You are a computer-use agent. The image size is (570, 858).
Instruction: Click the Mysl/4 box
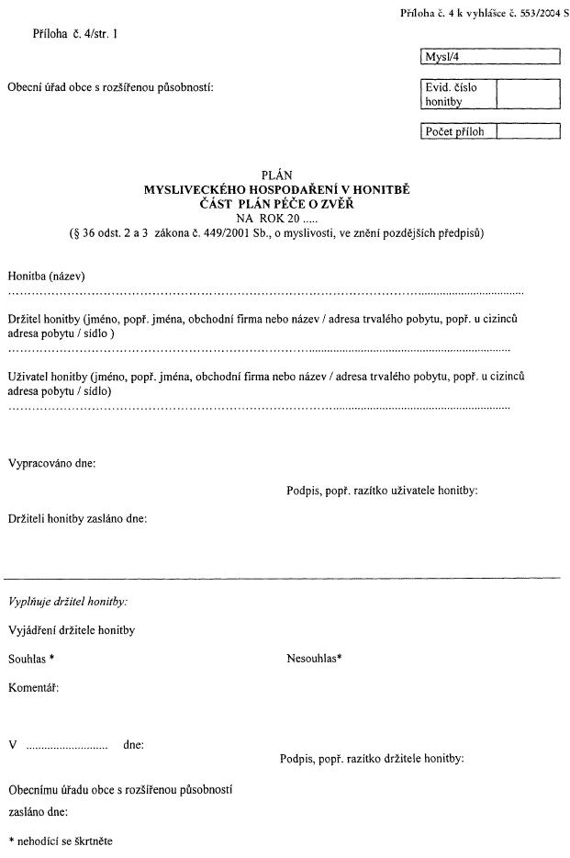[x=489, y=58]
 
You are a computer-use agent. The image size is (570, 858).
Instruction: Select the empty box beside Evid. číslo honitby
[x=527, y=95]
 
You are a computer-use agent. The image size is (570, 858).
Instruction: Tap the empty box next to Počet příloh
[x=527, y=131]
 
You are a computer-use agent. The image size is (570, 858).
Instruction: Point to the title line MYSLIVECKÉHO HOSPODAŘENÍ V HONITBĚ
[x=276, y=189]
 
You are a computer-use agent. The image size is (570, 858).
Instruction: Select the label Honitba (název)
[x=47, y=276]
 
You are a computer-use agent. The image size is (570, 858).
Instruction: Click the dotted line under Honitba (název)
[x=265, y=291]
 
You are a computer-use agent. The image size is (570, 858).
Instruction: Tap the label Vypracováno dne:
[x=51, y=463]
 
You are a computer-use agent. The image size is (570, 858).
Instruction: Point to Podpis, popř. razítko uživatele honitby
[x=382, y=491]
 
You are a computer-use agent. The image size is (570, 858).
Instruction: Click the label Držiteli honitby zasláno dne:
[x=77, y=518]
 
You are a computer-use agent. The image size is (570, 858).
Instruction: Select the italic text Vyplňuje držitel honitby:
[x=67, y=601]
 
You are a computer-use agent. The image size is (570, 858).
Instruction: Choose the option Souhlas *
[x=31, y=659]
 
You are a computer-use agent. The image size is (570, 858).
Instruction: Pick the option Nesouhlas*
[x=314, y=659]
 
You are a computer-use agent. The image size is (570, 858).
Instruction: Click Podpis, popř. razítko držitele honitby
[x=372, y=759]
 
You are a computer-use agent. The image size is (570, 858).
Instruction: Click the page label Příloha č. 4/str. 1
[x=74, y=34]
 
